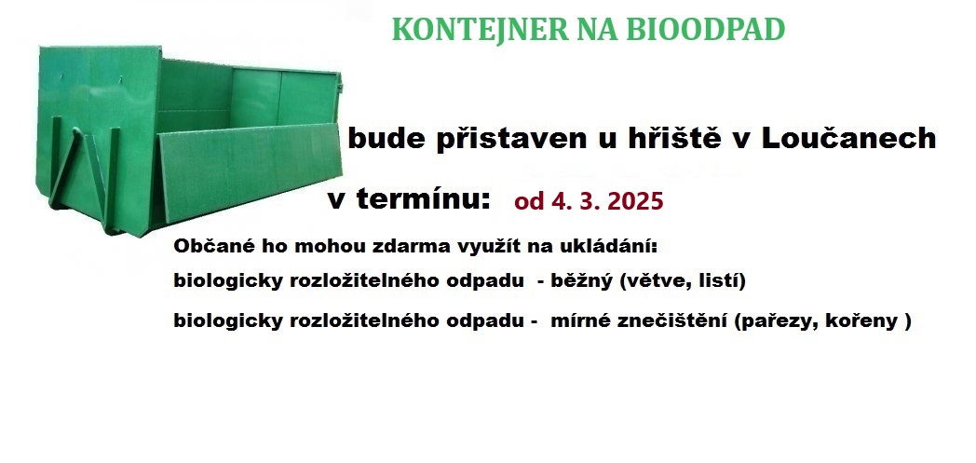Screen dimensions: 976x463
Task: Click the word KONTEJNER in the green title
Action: pos(480,29)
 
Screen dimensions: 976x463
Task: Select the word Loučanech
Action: pos(849,138)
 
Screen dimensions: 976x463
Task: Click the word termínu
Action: pos(423,199)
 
